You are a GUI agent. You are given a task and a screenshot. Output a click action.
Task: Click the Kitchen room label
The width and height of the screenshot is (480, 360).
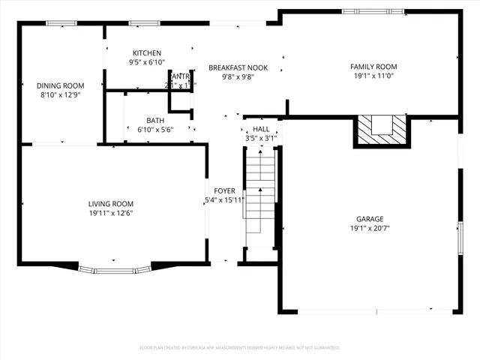tap(147, 52)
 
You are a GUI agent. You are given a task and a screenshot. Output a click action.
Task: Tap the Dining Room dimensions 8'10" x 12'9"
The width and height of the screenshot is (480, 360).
tap(61, 95)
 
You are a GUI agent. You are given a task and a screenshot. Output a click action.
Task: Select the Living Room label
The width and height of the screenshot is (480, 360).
tap(111, 203)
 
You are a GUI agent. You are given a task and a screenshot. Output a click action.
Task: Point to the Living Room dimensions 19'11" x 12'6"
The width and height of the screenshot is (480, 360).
tap(111, 213)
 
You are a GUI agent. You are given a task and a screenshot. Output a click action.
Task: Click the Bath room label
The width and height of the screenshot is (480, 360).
tap(155, 120)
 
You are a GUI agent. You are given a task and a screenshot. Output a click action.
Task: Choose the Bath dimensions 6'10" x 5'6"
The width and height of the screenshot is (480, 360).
tap(155, 130)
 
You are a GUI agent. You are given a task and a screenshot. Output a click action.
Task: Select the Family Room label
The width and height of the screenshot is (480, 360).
tap(373, 67)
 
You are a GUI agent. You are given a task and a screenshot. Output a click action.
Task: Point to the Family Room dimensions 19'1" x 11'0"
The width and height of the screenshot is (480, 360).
tap(373, 76)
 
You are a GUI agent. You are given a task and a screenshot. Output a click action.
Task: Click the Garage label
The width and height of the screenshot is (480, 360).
tap(369, 219)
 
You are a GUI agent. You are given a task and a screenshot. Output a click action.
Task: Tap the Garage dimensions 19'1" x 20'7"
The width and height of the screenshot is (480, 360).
tap(369, 228)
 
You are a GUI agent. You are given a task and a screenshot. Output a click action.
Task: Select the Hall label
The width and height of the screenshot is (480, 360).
tap(261, 129)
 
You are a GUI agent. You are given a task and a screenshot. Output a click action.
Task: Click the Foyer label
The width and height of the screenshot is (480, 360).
tap(224, 190)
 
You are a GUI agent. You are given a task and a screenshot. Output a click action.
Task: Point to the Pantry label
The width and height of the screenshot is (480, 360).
tap(180, 76)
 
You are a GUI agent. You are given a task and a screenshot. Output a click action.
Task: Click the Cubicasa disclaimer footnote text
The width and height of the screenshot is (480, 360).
tap(240, 348)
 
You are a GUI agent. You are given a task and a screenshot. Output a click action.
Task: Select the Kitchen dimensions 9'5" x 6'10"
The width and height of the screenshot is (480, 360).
tap(147, 62)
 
